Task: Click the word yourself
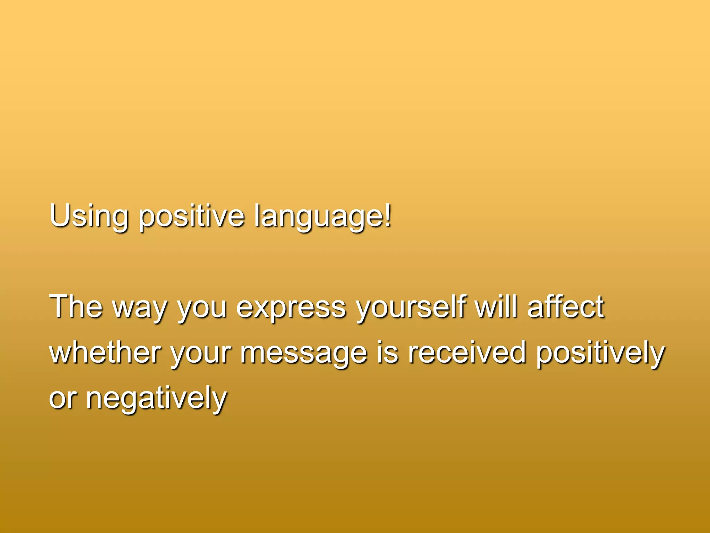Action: [412, 307]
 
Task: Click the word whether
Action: [105, 352]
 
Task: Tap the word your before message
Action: [200, 354]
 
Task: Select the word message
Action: [304, 354]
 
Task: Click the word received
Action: [467, 352]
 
